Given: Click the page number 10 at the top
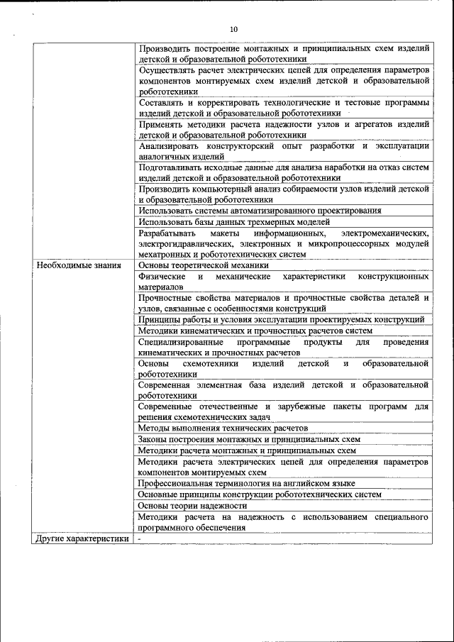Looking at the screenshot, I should pyautogui.click(x=234, y=29).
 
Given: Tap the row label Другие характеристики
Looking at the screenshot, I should pyautogui.click(x=82, y=538).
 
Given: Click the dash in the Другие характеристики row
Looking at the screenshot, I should pyautogui.click(x=140, y=538).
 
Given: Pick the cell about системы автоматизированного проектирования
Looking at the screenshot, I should pyautogui.click(x=260, y=210).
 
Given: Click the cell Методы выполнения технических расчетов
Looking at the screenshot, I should pyautogui.click(x=223, y=428).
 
